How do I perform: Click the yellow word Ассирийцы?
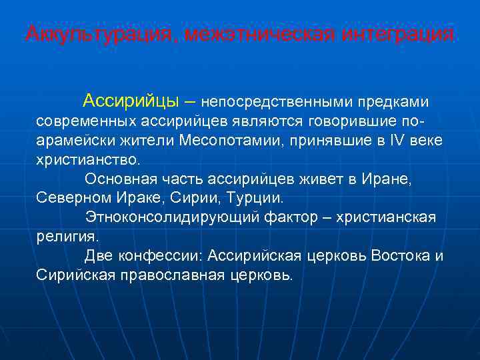131,102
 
